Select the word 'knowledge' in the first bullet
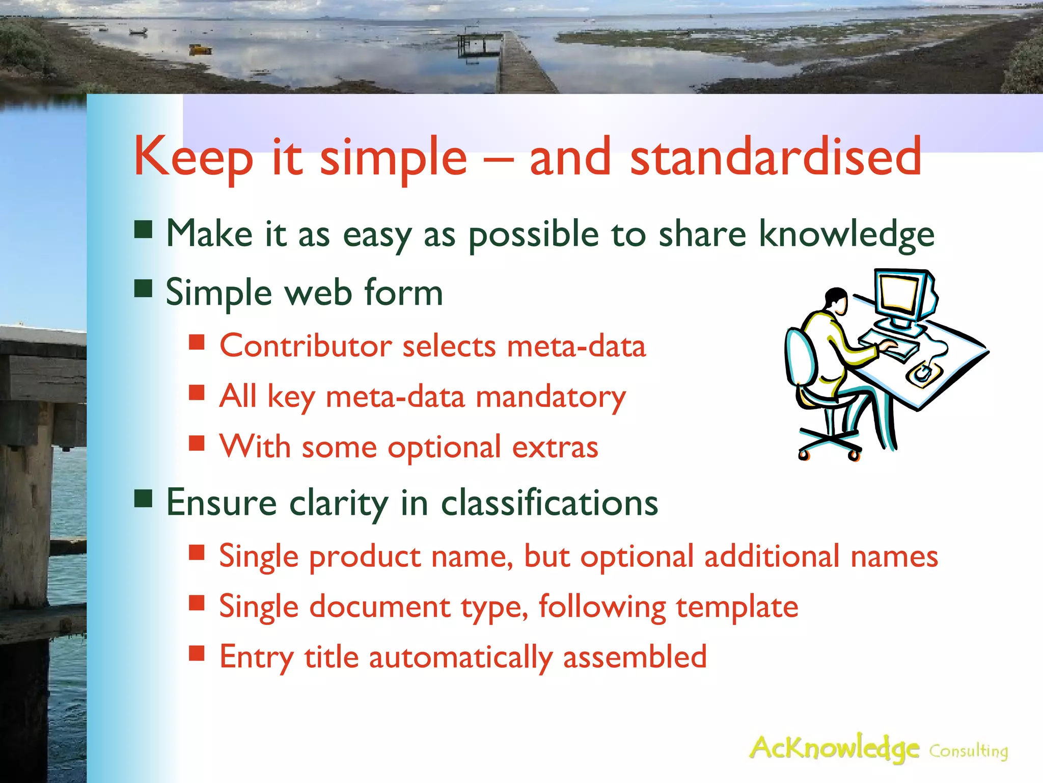point(846,235)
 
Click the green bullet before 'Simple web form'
point(144,288)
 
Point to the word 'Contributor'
point(306,346)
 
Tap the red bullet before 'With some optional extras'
point(197,443)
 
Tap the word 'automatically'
point(460,658)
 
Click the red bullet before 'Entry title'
point(197,653)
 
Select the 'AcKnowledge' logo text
point(834,748)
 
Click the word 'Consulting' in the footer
point(968,751)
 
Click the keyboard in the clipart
point(889,345)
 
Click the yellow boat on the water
point(200,49)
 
